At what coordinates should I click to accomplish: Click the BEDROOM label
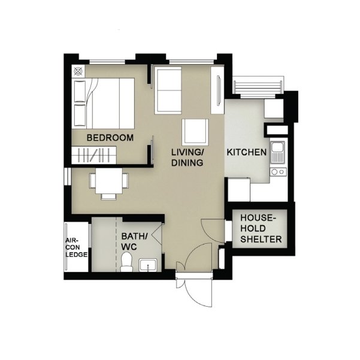(x=110, y=138)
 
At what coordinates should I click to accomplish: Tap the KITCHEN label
(x=247, y=152)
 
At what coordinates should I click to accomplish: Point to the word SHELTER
(x=261, y=239)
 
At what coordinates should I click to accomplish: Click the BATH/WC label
(x=134, y=241)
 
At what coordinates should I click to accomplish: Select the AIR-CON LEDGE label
(x=76, y=247)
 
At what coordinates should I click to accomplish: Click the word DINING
(x=187, y=163)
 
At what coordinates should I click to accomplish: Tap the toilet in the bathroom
(x=126, y=262)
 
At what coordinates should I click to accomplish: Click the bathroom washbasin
(x=148, y=265)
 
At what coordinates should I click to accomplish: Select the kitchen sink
(x=277, y=152)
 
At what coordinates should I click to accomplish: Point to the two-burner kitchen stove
(x=279, y=172)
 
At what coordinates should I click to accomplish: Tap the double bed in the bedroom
(x=103, y=103)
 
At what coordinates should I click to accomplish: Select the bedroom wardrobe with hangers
(x=94, y=155)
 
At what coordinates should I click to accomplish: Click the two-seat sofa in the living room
(x=168, y=90)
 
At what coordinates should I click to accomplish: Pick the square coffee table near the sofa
(x=195, y=132)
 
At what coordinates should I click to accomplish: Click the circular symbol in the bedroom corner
(x=78, y=71)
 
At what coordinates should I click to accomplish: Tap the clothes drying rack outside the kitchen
(x=258, y=87)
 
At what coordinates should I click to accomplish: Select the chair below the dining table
(x=109, y=196)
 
